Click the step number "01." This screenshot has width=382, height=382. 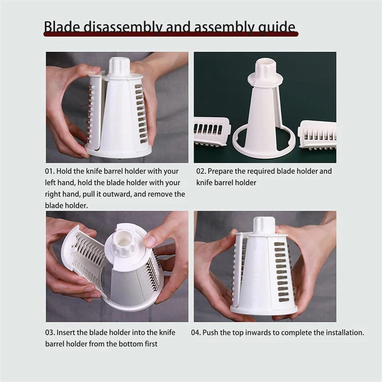click(51, 171)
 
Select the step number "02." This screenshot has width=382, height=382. click(201, 171)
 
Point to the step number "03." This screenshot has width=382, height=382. click(51, 333)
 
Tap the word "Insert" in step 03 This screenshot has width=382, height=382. click(69, 333)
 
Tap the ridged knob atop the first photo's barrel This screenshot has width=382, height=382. click(119, 67)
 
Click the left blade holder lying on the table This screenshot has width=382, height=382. click(211, 131)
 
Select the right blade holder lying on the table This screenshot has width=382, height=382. click(317, 134)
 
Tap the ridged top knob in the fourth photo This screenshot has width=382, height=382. click(264, 224)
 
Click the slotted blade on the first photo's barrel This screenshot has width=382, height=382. click(140, 114)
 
